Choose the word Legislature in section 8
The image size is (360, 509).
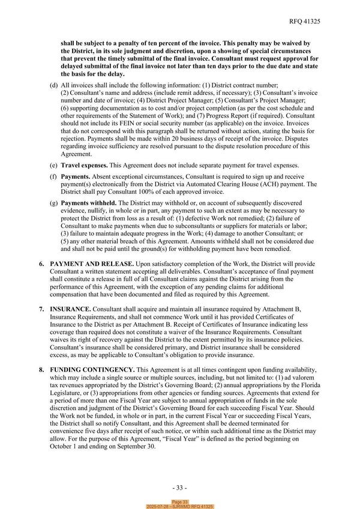click(x=67, y=396)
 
